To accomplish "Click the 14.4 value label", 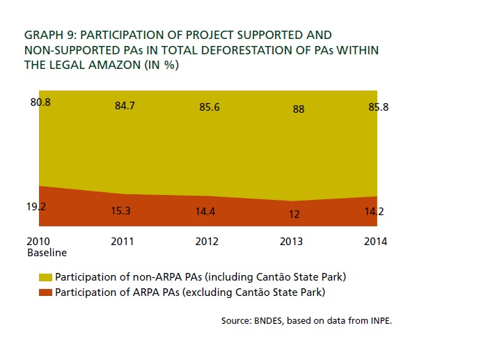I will point(207,210).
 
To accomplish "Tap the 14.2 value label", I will point(376,212).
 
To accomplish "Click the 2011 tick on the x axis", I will point(123,242).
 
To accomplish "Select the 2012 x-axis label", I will point(207,242).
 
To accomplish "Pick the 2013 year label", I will point(292,242).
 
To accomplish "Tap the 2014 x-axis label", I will point(375,242).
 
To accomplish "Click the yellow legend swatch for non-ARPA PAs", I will point(46,277).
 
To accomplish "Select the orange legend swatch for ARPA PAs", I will point(46,292).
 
